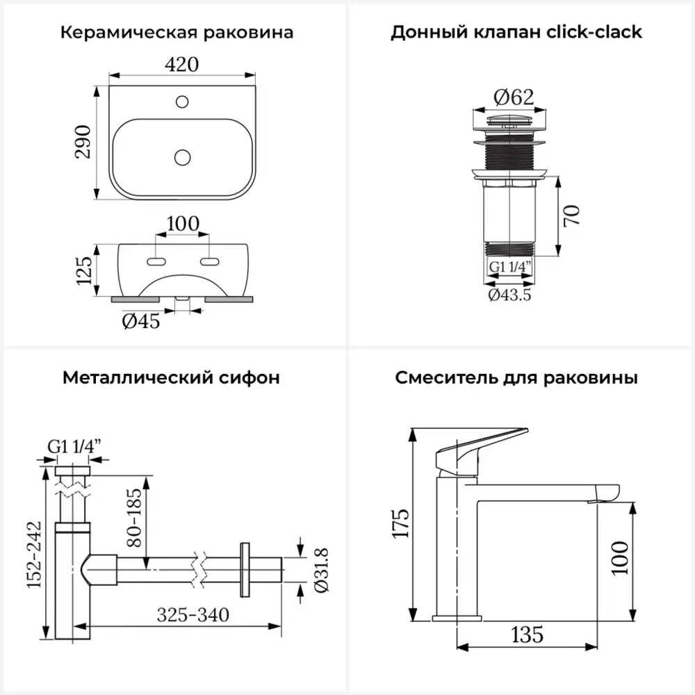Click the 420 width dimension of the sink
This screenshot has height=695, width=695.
(182, 64)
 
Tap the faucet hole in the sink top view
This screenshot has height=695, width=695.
(182, 102)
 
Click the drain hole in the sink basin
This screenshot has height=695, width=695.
(182, 157)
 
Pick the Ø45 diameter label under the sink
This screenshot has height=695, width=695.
(141, 322)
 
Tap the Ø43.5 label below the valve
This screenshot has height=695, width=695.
(510, 295)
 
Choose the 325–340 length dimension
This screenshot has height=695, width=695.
(193, 615)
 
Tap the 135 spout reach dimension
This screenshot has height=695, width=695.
(526, 634)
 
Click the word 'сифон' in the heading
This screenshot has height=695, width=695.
(252, 378)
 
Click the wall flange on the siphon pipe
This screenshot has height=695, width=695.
(244, 569)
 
